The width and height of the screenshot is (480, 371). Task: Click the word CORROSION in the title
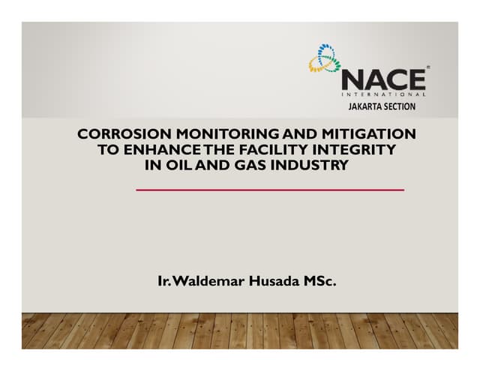click(x=114, y=135)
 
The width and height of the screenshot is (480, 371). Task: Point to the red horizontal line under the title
click(x=270, y=190)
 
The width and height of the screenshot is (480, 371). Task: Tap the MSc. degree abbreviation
click(x=320, y=283)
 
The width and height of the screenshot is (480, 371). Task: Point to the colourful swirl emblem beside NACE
click(x=325, y=58)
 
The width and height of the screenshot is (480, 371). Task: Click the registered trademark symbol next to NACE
click(x=427, y=68)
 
